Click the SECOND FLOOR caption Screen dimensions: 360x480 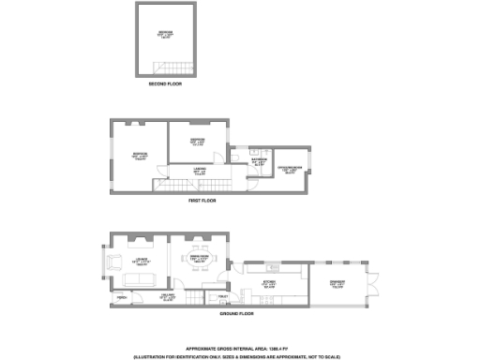pos(165,84)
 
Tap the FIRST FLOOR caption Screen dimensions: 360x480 pos(202,201)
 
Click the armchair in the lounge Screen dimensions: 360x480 pos(115,260)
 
